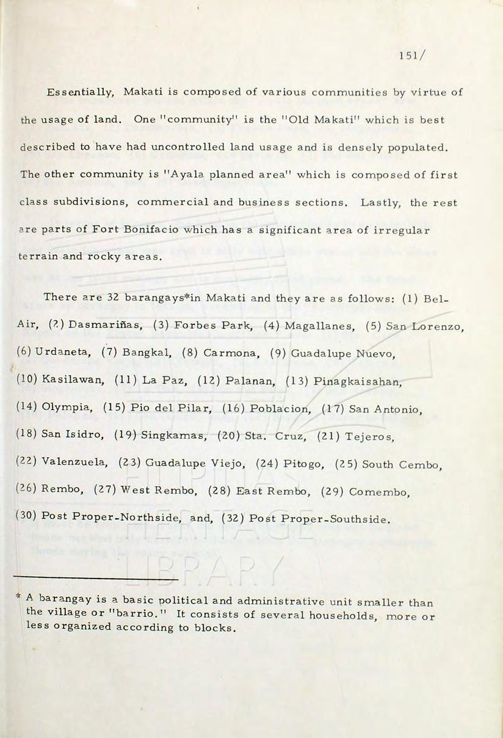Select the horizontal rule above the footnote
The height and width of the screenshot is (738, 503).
pos(95,578)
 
